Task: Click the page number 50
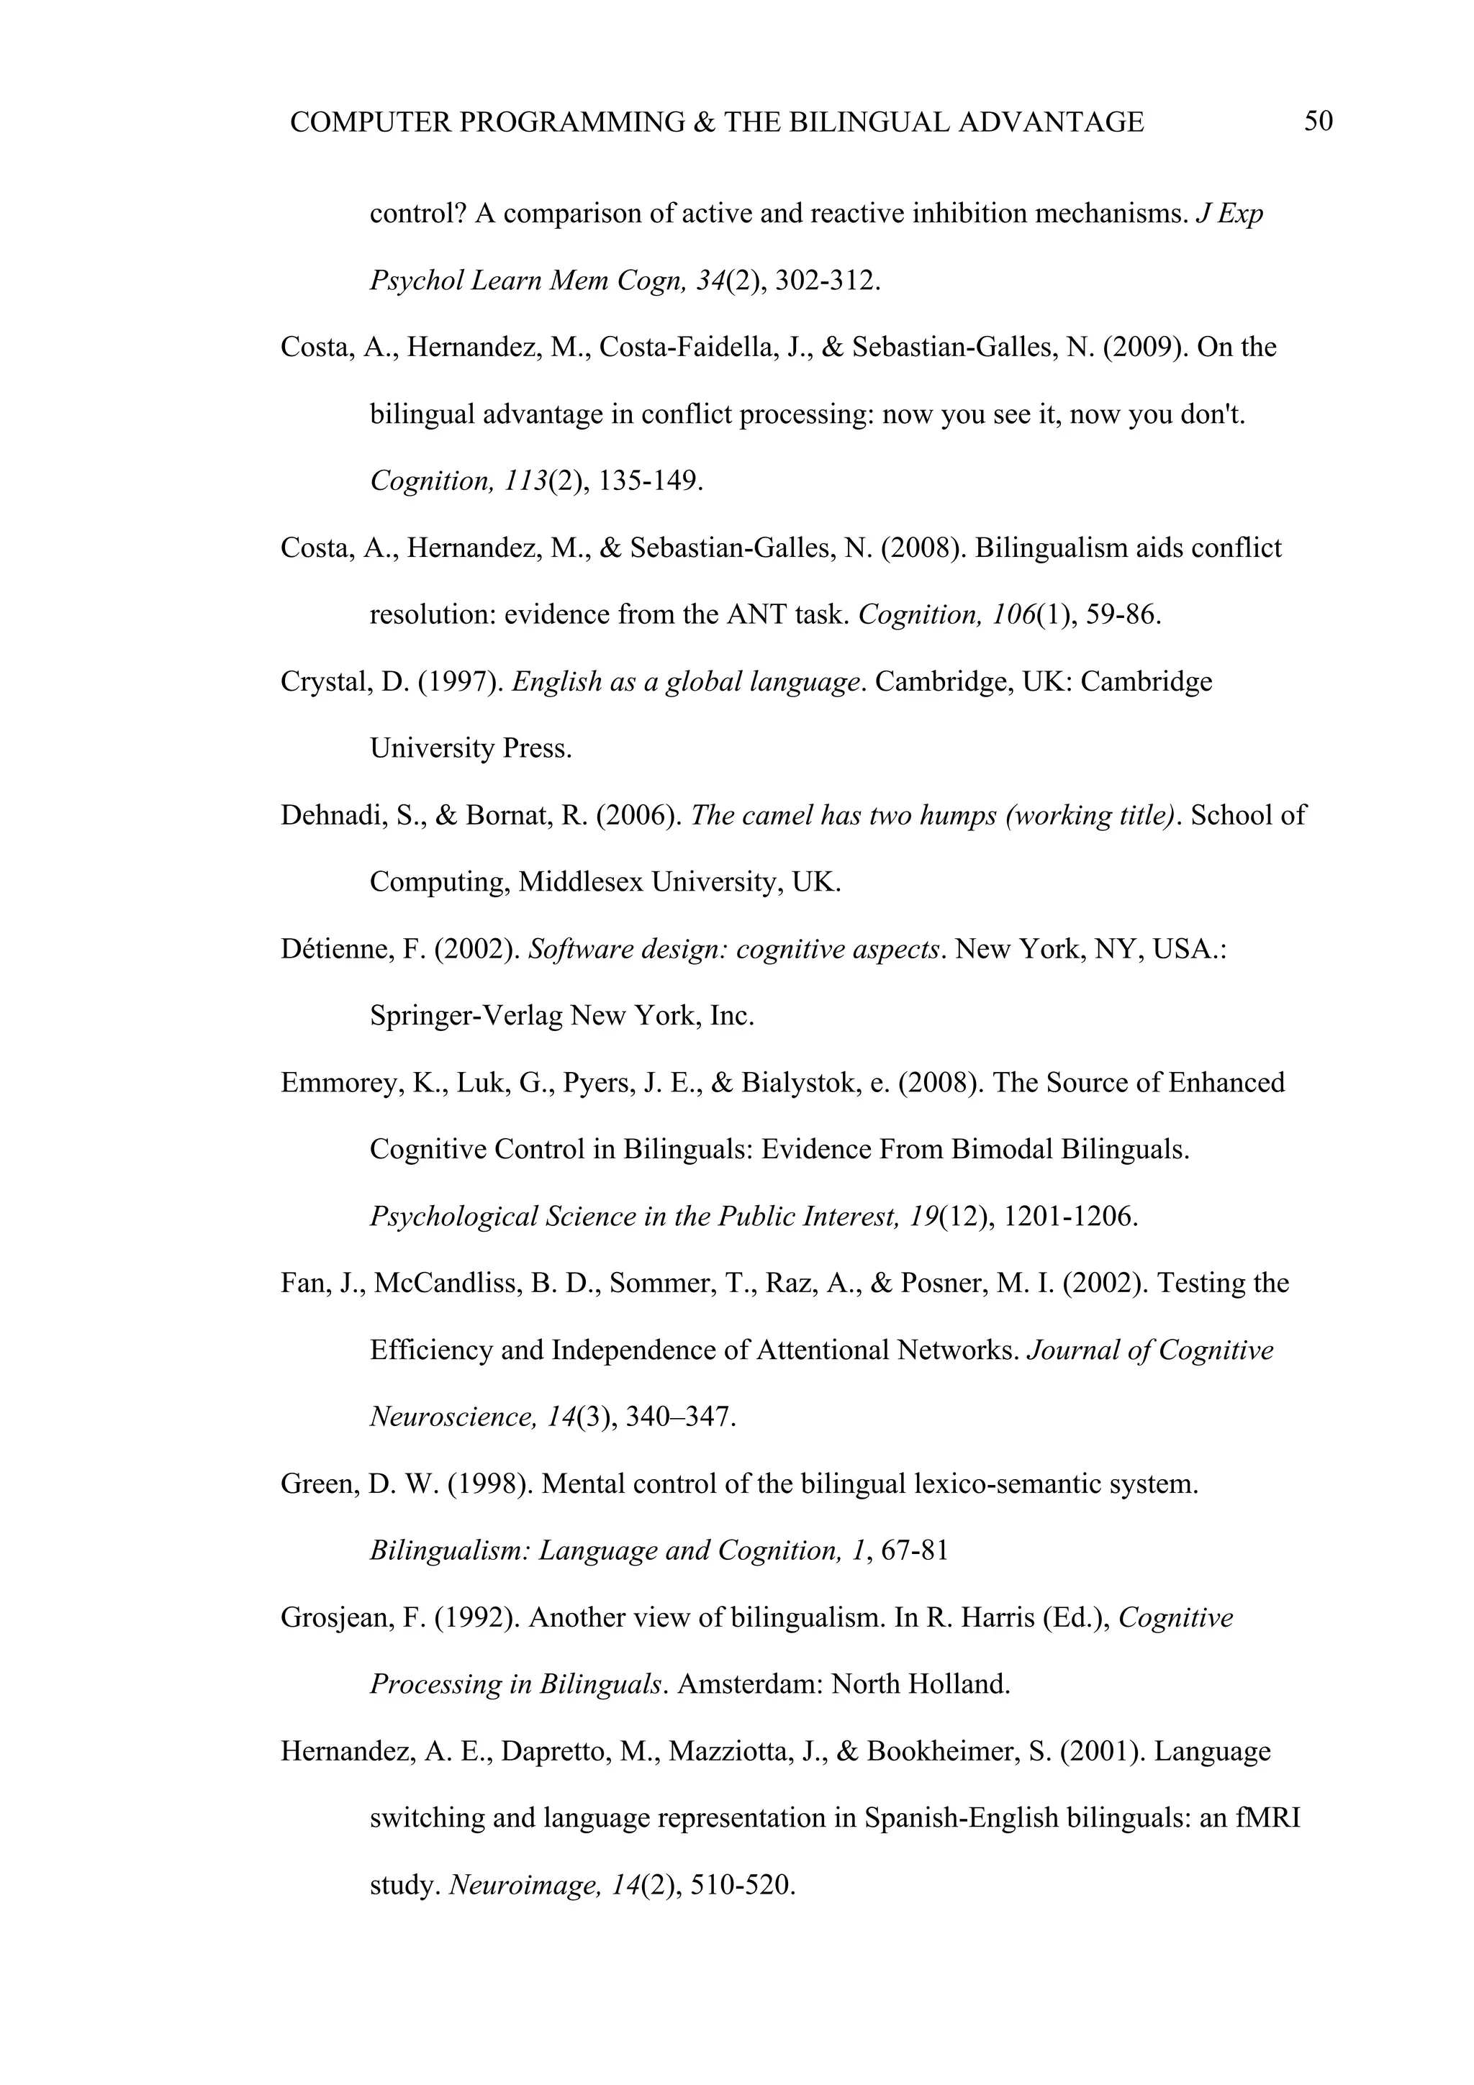[x=1318, y=121]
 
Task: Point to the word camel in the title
[x=777, y=814]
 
